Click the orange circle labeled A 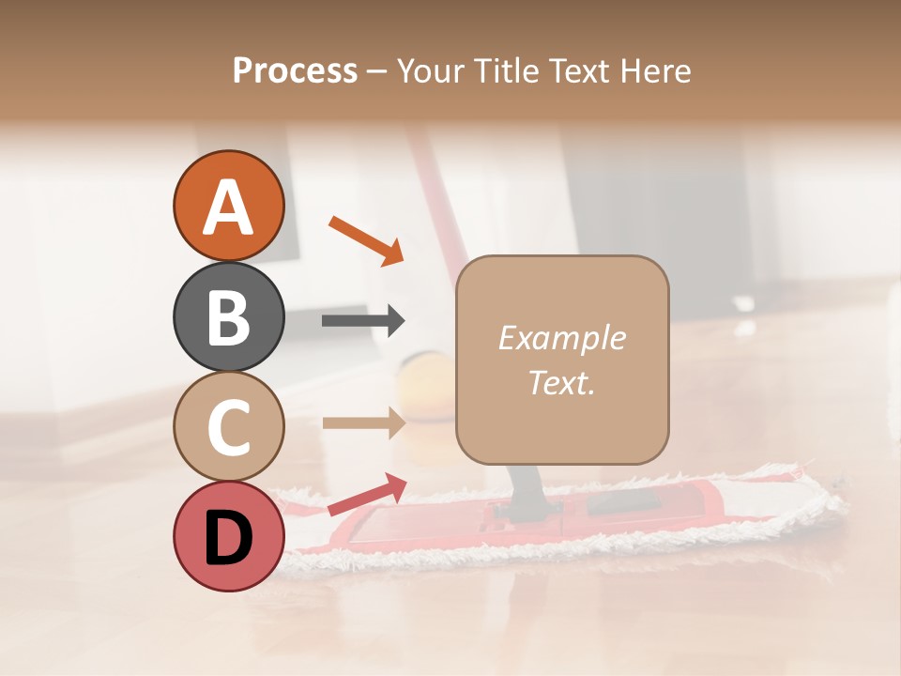(228, 207)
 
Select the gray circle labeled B (228, 316)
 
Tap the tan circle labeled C (228, 426)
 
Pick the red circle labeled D (228, 536)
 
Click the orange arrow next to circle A (366, 239)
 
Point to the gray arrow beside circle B (363, 321)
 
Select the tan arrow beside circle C (363, 422)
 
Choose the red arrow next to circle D (367, 494)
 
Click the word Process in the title (295, 71)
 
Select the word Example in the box (561, 339)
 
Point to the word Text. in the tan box (561, 382)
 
